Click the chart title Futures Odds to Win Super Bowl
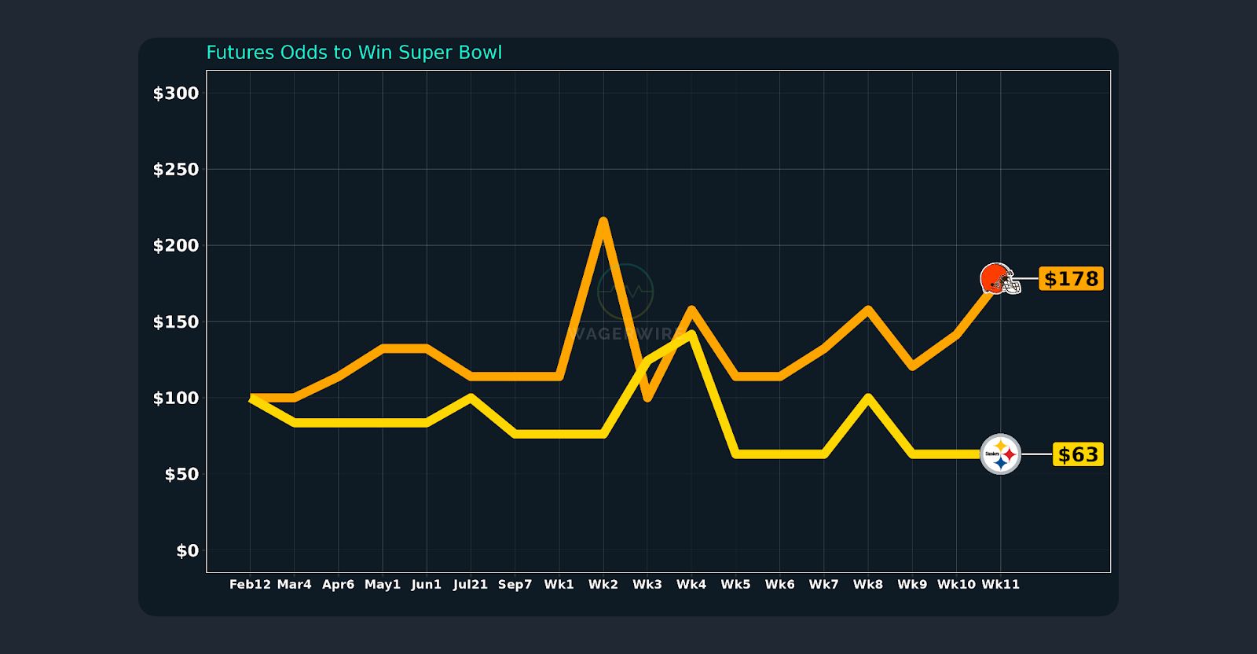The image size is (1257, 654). (x=354, y=53)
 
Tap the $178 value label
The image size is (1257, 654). (x=1071, y=279)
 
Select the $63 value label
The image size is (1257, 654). (x=1078, y=455)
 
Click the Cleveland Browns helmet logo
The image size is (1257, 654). (x=999, y=279)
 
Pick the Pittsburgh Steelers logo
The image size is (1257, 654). (x=1000, y=454)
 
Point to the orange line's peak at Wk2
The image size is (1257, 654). (x=603, y=222)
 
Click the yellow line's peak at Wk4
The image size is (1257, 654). (x=691, y=334)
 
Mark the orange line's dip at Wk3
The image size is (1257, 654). (x=647, y=397)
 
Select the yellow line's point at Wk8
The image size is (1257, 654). (x=868, y=397)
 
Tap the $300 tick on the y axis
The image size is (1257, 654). (x=176, y=94)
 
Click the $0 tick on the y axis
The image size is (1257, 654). (x=187, y=551)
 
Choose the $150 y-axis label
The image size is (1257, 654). (x=176, y=322)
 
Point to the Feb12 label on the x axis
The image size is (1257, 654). (x=250, y=585)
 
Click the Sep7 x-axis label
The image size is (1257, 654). (x=515, y=585)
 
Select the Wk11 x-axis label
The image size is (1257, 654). (x=1000, y=585)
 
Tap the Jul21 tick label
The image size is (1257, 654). (x=470, y=585)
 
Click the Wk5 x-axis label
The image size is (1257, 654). (x=735, y=585)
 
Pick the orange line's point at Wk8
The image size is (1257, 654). (x=868, y=310)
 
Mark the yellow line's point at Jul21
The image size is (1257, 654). (x=470, y=397)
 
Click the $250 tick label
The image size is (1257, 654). (x=176, y=170)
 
